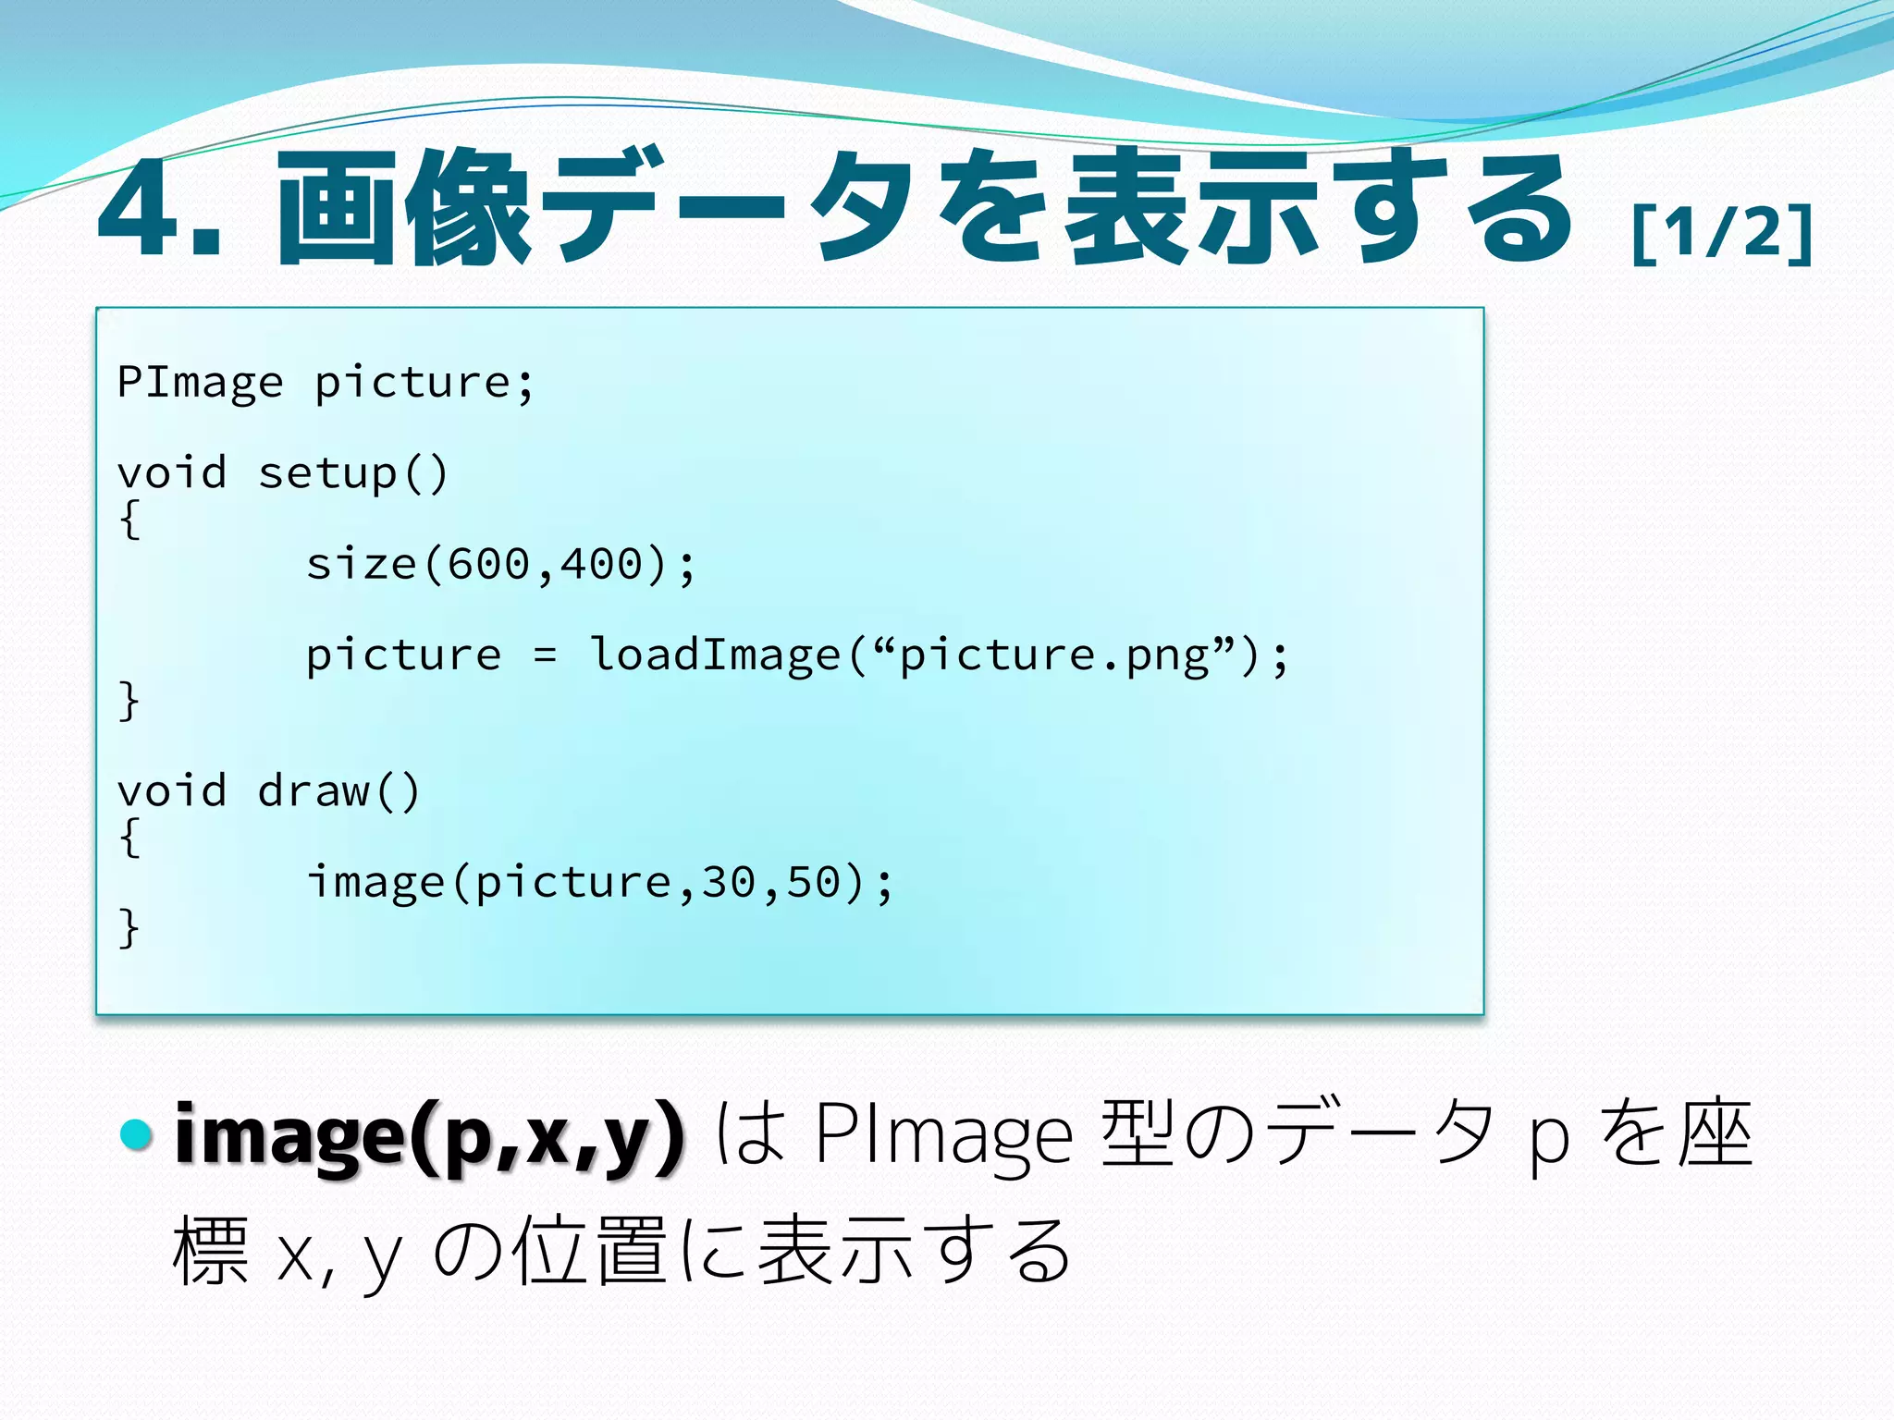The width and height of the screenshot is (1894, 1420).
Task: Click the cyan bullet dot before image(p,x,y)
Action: [138, 1134]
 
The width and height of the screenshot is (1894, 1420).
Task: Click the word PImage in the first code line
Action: [201, 383]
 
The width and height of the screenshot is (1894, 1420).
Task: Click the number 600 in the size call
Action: [488, 564]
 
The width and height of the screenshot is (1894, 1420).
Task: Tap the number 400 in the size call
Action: [601, 564]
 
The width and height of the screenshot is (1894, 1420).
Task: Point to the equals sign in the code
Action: [545, 655]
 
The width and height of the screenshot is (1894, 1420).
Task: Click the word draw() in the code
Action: [338, 791]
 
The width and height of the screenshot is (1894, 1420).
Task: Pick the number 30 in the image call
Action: [729, 882]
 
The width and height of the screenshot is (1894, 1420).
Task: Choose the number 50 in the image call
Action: [814, 882]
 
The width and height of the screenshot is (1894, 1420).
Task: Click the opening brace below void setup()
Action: [129, 520]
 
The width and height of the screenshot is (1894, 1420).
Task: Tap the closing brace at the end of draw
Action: [129, 927]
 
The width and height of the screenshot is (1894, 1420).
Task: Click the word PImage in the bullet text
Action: [943, 1136]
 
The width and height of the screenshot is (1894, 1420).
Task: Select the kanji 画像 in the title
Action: [402, 208]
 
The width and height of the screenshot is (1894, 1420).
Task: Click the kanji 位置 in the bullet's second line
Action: [590, 1251]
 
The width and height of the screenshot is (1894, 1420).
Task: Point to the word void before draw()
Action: [172, 791]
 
